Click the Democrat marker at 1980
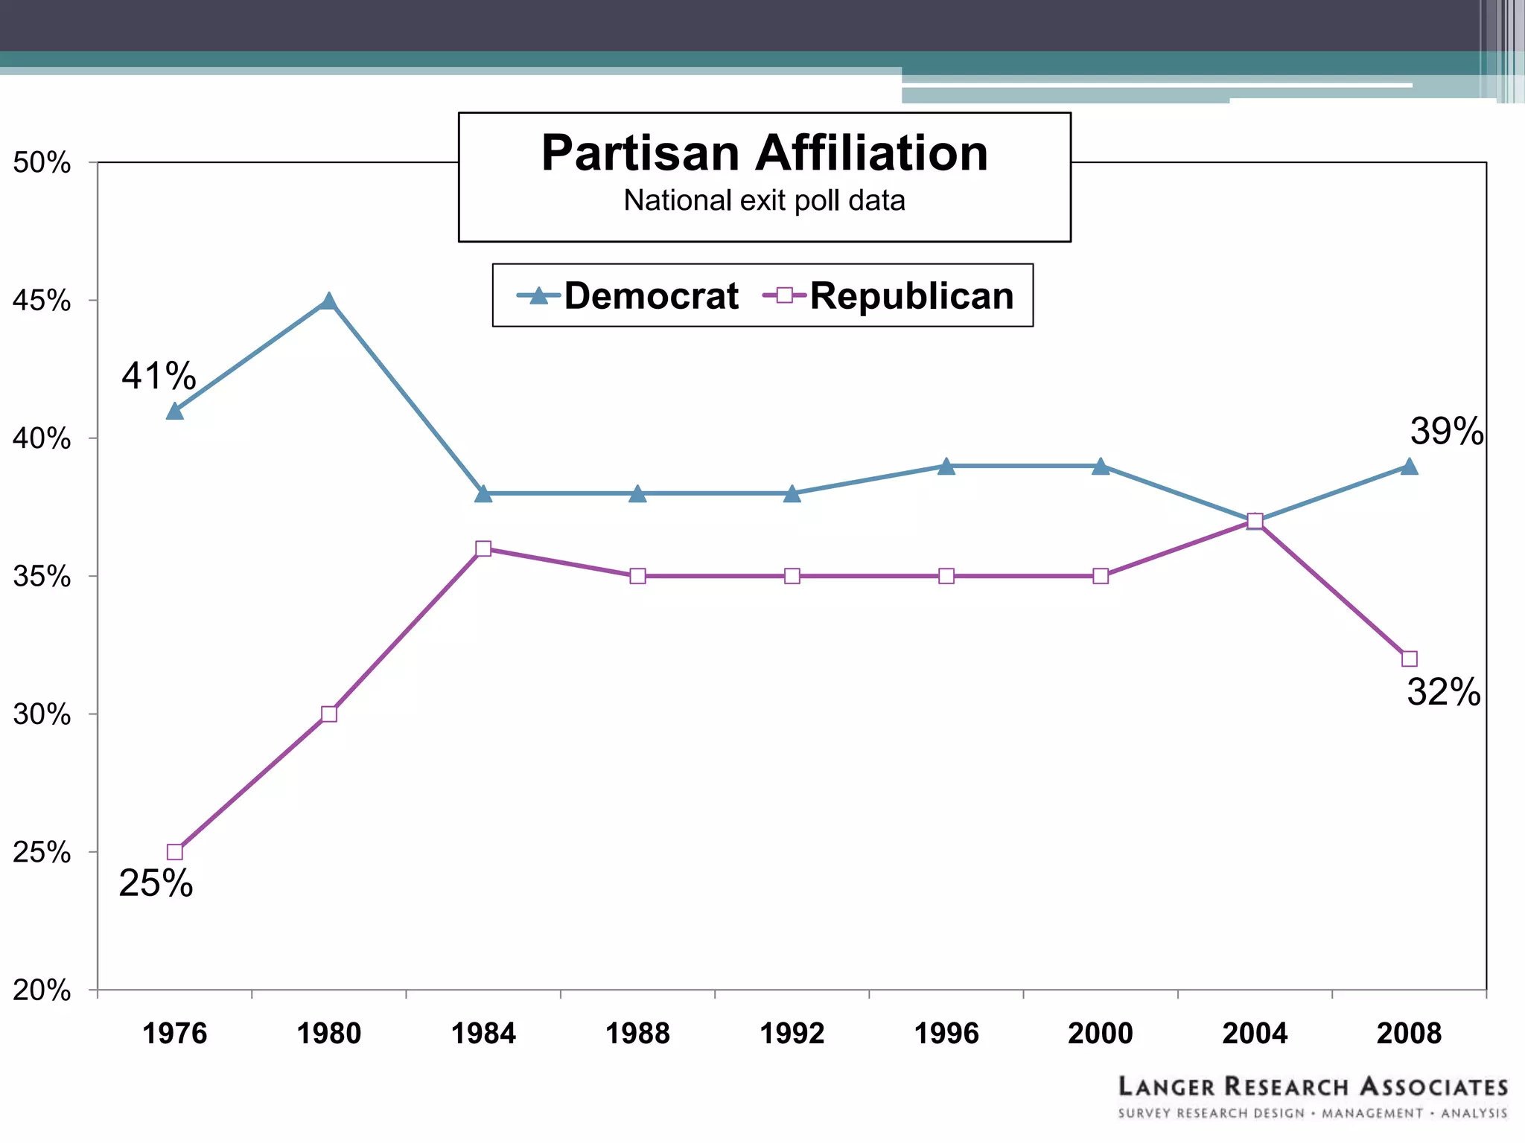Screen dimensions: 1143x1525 (329, 301)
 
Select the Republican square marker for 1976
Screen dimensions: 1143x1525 (175, 851)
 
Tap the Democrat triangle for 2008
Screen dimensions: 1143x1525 (1409, 467)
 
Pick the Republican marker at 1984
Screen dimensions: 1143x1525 (483, 548)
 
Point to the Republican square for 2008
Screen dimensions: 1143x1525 (1409, 659)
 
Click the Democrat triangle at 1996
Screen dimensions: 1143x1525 (946, 467)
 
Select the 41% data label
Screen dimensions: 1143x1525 (159, 376)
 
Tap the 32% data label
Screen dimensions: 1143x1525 (1443, 692)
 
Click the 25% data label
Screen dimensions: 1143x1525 (156, 883)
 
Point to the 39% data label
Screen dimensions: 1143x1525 (1446, 432)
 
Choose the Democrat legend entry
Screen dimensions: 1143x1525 (628, 296)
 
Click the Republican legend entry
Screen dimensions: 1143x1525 (888, 296)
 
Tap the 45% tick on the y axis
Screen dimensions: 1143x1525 (42, 301)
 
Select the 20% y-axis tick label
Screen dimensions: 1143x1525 (42, 990)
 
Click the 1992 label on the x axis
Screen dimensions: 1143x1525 (792, 1034)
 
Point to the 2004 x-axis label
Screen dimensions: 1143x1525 (1255, 1034)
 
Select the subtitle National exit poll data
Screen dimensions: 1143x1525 (764, 201)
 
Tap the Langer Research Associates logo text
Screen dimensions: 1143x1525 (1312, 1087)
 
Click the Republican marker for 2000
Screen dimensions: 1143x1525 (1101, 576)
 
